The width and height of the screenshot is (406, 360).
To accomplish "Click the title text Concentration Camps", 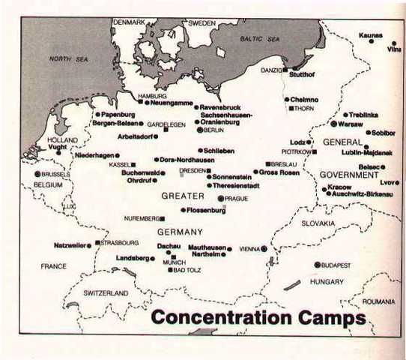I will [x=258, y=316].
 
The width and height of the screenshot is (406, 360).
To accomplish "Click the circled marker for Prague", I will [x=220, y=199].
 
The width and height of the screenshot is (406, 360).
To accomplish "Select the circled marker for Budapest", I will [x=317, y=265].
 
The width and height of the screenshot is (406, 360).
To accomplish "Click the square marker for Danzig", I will [x=285, y=70].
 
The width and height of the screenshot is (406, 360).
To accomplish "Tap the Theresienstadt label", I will [x=238, y=184].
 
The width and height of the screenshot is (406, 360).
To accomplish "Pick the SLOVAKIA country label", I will [x=318, y=223].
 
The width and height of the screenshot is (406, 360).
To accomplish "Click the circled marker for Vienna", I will [x=264, y=248].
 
